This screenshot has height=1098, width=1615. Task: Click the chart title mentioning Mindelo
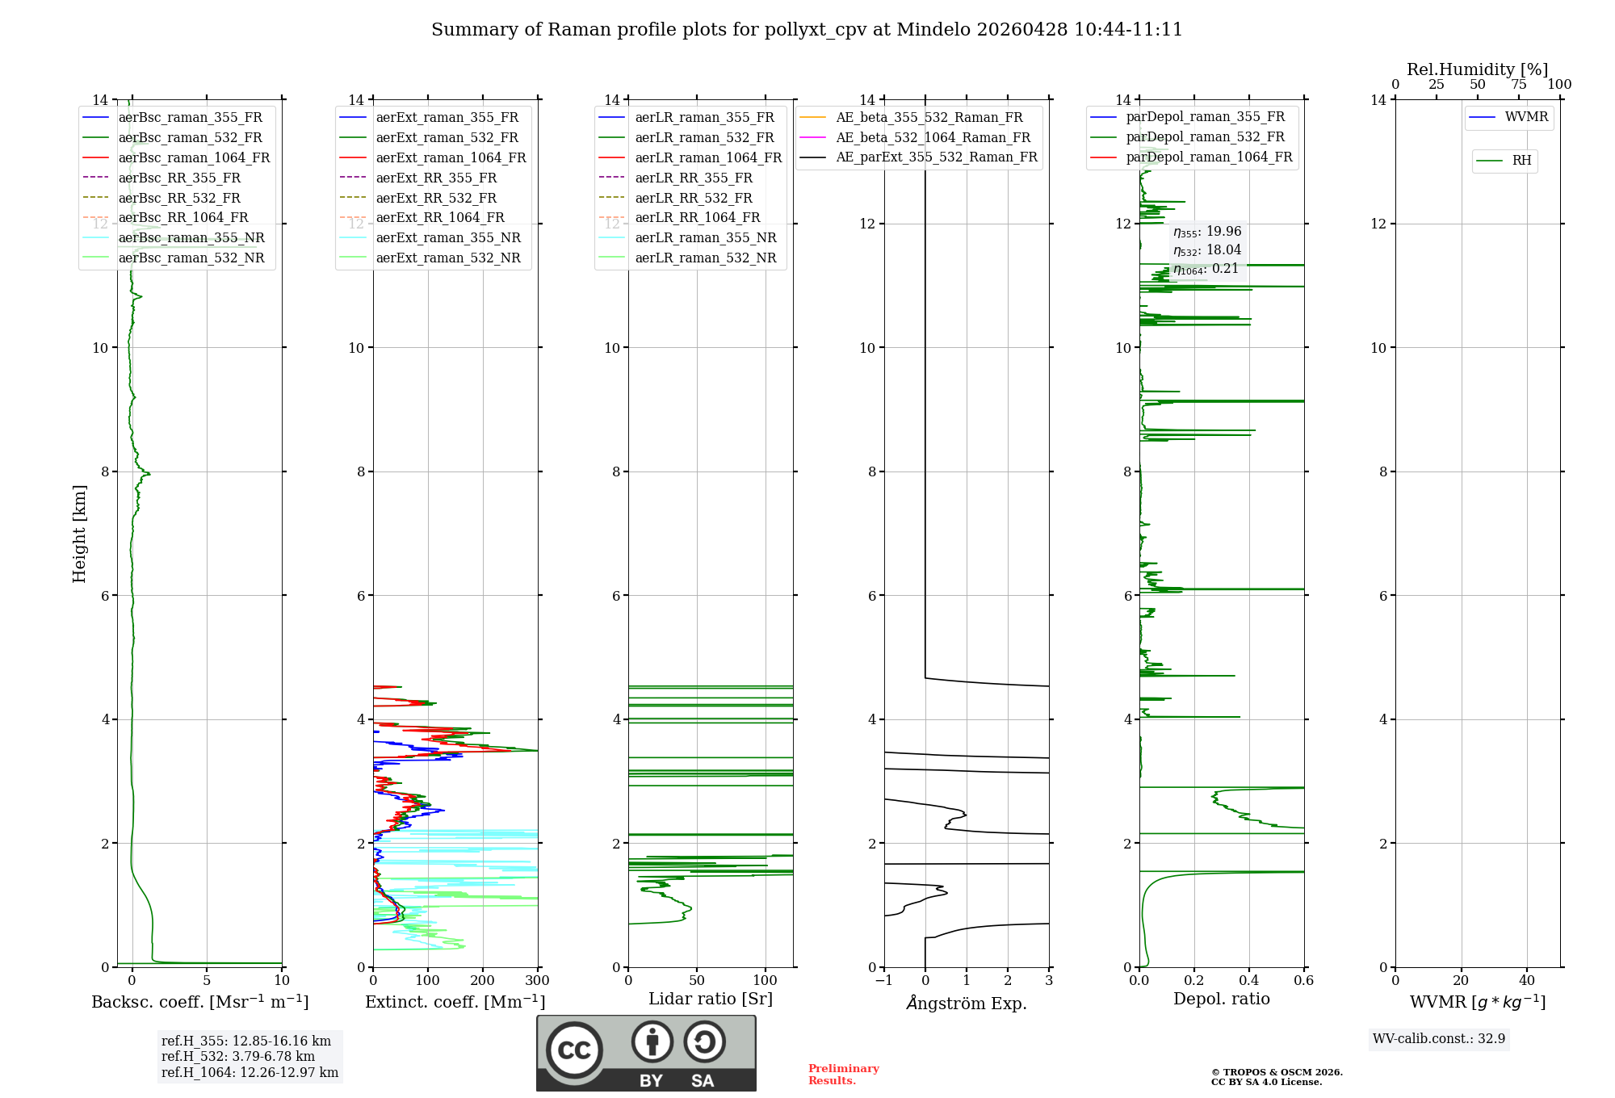click(x=807, y=30)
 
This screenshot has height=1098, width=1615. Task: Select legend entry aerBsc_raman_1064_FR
click(x=194, y=157)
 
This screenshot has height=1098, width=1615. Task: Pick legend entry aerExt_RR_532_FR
click(x=436, y=198)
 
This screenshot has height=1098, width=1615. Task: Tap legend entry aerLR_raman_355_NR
click(x=705, y=237)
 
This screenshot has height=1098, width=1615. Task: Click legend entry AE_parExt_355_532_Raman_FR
click(x=936, y=157)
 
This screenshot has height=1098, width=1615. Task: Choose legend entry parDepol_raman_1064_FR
click(x=1209, y=157)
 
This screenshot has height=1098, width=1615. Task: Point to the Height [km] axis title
click(x=79, y=534)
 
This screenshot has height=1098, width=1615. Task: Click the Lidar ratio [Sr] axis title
click(x=711, y=999)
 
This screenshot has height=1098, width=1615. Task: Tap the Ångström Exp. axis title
click(x=967, y=1003)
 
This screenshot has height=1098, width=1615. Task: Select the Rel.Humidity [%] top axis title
click(x=1477, y=69)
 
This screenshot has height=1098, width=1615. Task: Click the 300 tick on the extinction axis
click(x=537, y=981)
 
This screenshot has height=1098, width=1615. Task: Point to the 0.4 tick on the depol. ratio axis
click(x=1249, y=981)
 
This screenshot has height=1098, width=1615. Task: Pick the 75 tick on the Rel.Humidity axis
click(x=1519, y=85)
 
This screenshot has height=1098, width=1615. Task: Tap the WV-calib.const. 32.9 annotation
click(x=1439, y=1038)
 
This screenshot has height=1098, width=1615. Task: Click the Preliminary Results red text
click(x=843, y=1075)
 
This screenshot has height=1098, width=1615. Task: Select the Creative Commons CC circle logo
click(x=574, y=1050)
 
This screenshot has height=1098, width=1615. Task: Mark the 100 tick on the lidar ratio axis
click(x=765, y=981)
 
